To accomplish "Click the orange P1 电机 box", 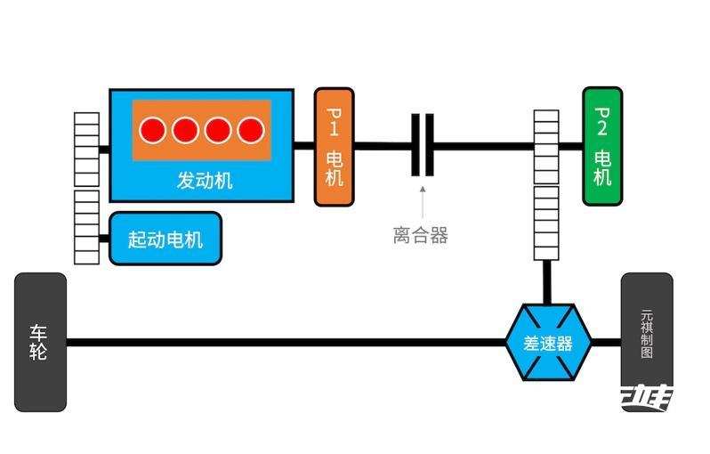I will tap(333, 147).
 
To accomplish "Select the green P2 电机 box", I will tap(601, 147).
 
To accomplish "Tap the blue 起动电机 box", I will tap(165, 239).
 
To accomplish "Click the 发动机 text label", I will tap(205, 181).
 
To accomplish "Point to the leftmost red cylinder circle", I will tap(152, 131).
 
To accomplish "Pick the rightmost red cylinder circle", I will tap(251, 131).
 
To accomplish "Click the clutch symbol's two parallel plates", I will tap(423, 145).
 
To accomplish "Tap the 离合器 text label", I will tap(420, 235).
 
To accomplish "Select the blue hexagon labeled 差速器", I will tap(547, 343).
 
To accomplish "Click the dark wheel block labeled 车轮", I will tap(40, 342).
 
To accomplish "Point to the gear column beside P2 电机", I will tap(545, 184).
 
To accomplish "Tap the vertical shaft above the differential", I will tap(546, 282).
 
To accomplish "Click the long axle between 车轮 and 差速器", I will tap(285, 342).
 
